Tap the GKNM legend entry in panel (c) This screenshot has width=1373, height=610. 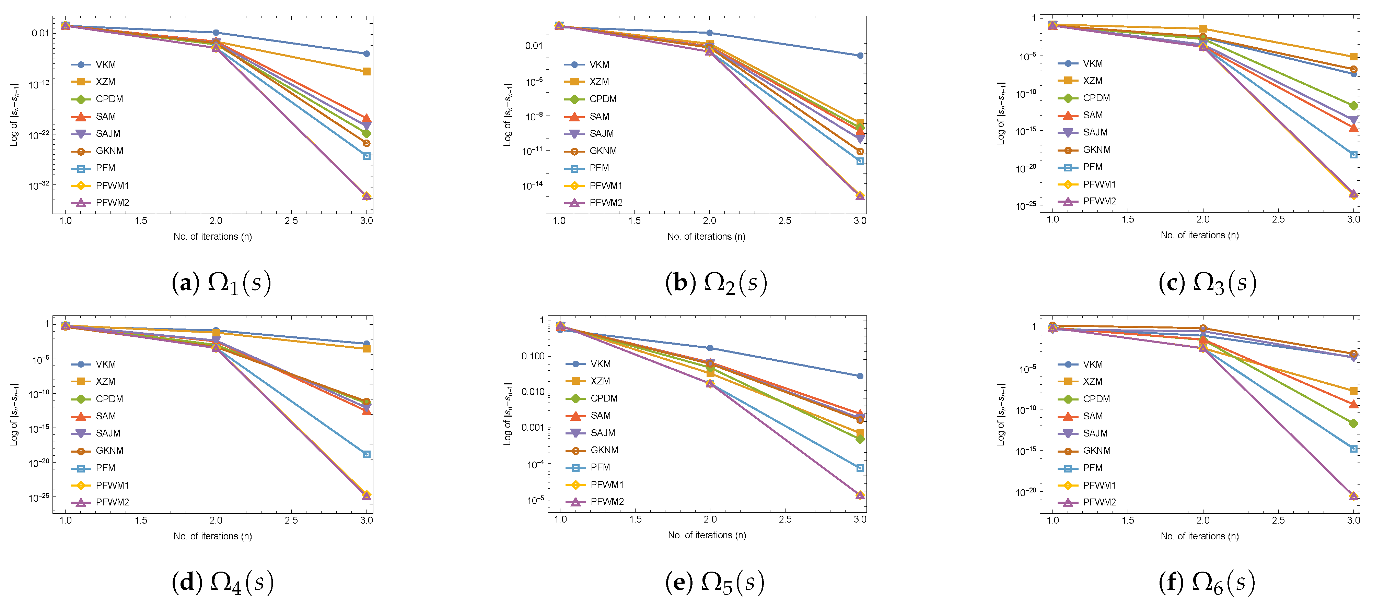[x=1096, y=150]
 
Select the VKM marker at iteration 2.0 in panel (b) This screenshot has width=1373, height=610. [x=709, y=33]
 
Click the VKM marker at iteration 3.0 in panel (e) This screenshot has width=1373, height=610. [x=860, y=376]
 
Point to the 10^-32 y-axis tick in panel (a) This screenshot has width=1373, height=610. [x=39, y=186]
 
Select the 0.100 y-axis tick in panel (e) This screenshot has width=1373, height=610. [x=533, y=356]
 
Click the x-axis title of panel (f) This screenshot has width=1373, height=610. [x=1199, y=536]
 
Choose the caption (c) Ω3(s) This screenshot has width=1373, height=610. [x=1207, y=283]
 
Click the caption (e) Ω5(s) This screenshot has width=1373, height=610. [x=714, y=582]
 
